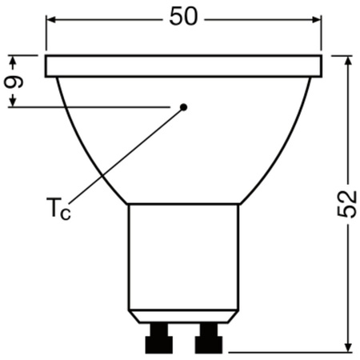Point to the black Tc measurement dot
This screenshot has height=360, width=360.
coord(183,106)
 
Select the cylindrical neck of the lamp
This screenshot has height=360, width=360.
coord(183,256)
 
